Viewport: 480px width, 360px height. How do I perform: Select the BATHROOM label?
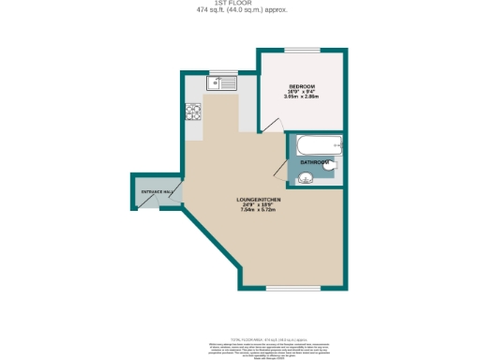pos(314,162)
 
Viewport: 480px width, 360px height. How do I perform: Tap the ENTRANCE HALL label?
pos(156,192)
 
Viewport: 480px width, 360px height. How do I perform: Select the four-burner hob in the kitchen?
pos(194,112)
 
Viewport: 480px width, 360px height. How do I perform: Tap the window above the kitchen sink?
pos(225,71)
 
